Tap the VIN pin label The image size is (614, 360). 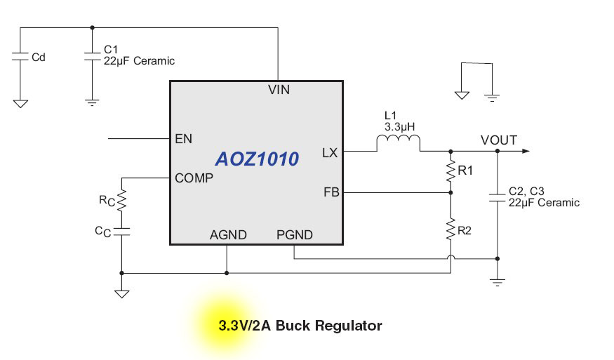coord(279,90)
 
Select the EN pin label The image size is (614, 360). coord(183,139)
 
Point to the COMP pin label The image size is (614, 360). coord(194,178)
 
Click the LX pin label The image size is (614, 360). coord(330,152)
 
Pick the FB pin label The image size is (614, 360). coord(331,192)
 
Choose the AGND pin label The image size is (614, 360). coord(228,235)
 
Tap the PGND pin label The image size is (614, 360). coord(295,235)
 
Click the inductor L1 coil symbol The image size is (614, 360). coord(399,144)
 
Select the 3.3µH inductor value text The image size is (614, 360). coord(400,127)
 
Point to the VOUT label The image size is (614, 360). coord(499,140)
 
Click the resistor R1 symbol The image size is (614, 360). coord(451,171)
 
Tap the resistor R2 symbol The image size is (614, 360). coord(451,228)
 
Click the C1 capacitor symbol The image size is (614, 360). coord(92,55)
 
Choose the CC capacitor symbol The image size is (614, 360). coord(121,229)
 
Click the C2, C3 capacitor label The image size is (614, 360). coord(526,191)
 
